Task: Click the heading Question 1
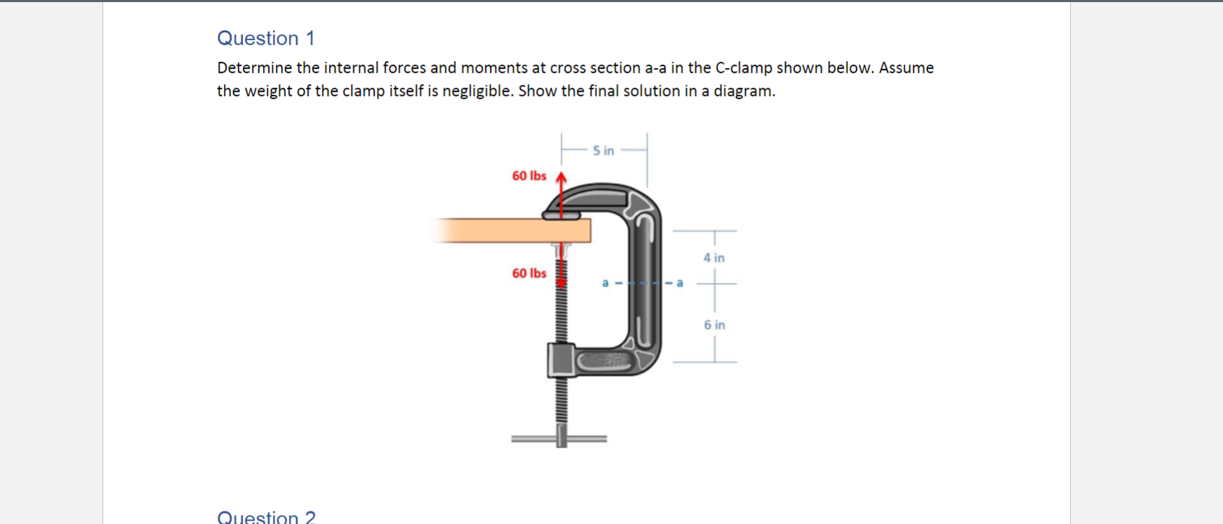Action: (x=266, y=38)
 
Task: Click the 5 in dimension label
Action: (x=603, y=151)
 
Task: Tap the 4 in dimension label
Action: (x=714, y=258)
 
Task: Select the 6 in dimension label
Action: (x=714, y=325)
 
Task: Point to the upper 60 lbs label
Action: (x=529, y=176)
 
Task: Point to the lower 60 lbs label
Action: (x=529, y=274)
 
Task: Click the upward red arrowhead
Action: (x=561, y=177)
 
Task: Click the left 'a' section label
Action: (x=605, y=283)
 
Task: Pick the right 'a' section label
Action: (x=679, y=283)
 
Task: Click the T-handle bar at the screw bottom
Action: (x=559, y=439)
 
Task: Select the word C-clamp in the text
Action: (x=743, y=68)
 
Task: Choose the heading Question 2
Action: (x=266, y=517)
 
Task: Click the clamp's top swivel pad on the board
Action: (x=561, y=215)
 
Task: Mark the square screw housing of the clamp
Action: (x=561, y=361)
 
